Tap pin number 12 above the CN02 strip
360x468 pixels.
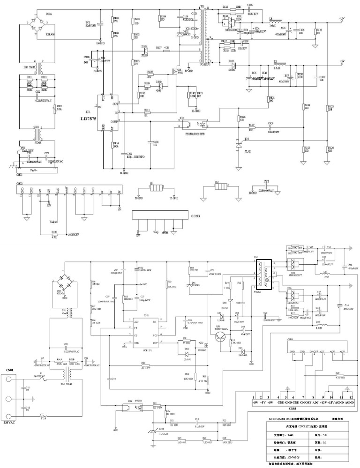click(x=349, y=396)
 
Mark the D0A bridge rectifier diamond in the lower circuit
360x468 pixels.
click(x=66, y=282)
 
